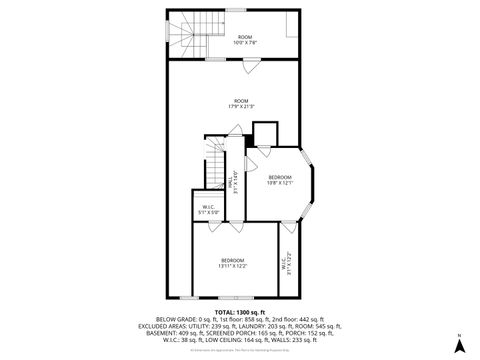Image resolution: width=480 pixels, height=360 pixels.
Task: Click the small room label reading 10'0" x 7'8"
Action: [245, 40]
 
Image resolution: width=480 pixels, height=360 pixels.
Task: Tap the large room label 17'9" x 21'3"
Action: [240, 103]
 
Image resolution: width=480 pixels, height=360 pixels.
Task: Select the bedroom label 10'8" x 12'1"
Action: [279, 180]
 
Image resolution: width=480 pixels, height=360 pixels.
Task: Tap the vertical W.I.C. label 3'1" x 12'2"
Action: [286, 263]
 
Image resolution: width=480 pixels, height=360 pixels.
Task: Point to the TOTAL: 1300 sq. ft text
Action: [240, 311]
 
